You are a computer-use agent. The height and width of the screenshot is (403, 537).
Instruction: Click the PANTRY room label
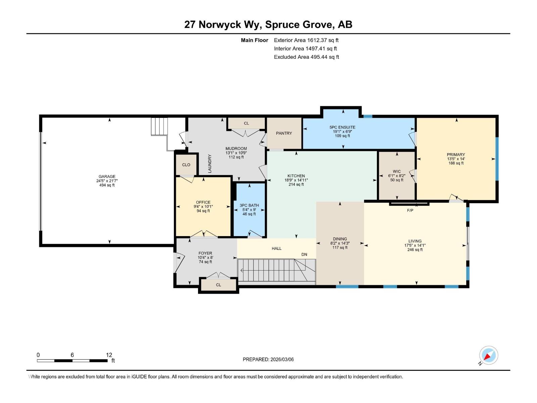tap(284, 133)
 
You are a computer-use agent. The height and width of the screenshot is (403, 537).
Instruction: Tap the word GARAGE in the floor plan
tap(107, 176)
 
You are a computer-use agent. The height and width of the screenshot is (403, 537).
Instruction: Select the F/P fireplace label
tap(410, 211)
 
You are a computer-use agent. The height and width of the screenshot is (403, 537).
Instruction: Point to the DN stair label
tap(304, 255)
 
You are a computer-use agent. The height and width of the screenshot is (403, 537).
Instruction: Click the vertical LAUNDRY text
tap(210, 164)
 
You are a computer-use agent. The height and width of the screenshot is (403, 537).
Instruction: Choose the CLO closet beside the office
tap(186, 165)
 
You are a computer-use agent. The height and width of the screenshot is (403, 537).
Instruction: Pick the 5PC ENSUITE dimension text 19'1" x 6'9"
tap(342, 132)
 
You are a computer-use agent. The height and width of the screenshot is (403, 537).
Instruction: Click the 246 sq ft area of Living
tap(415, 250)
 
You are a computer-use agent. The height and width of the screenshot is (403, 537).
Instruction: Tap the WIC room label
tap(397, 172)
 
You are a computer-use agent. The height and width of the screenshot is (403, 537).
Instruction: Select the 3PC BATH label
tap(249, 206)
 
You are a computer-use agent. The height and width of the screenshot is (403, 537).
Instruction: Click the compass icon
tap(488, 355)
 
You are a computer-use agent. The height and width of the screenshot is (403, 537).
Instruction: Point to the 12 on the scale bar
tap(109, 355)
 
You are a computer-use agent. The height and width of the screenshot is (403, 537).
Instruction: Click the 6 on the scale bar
tap(72, 355)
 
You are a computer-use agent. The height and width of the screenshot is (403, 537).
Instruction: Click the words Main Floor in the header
tap(254, 40)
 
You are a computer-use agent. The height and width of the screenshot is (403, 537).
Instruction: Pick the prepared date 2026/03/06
tap(282, 359)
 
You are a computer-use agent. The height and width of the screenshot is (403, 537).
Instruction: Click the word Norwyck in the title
tap(220, 25)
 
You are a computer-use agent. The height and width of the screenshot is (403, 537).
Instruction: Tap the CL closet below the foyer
tap(218, 285)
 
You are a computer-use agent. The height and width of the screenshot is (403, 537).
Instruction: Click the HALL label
tap(277, 249)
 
